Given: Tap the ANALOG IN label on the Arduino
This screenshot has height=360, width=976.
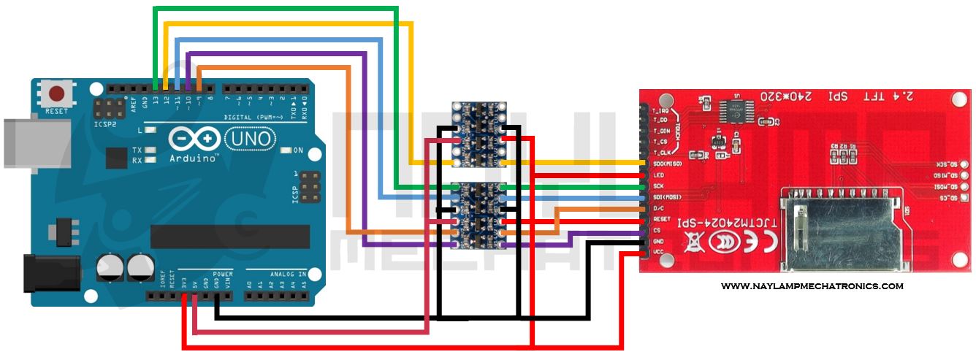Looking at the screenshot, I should click(x=287, y=273).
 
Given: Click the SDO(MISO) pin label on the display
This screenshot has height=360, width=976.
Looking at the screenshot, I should click(x=668, y=164).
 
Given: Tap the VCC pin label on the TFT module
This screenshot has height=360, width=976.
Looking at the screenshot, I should click(x=657, y=252).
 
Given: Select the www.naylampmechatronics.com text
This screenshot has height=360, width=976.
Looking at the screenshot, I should click(x=812, y=286).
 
